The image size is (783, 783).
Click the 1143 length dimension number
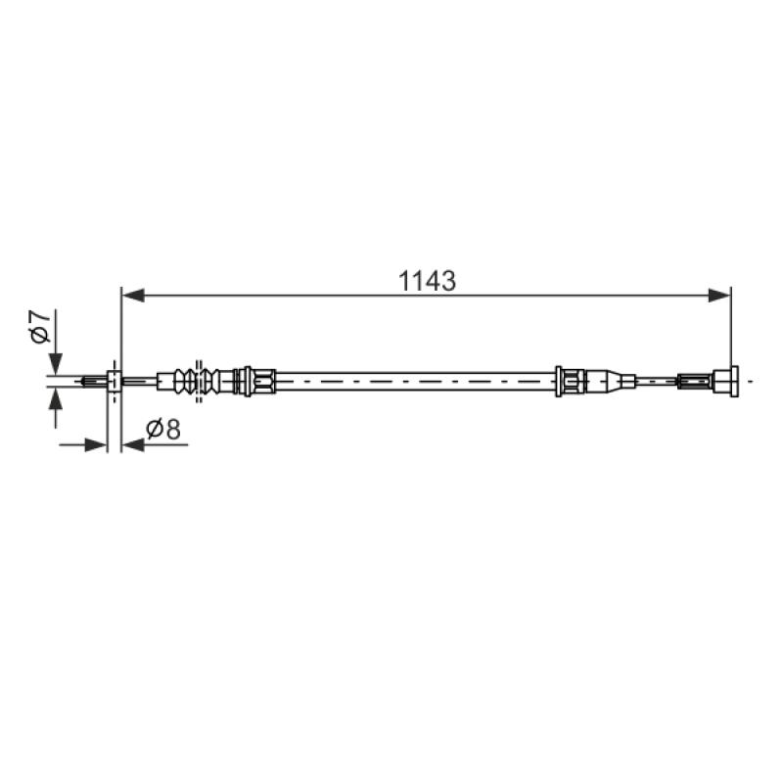[x=427, y=281]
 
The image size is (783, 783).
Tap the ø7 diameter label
[x=40, y=327]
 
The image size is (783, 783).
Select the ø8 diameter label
[x=163, y=429]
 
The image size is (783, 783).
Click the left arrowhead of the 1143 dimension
[x=133, y=296]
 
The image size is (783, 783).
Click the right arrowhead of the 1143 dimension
[x=719, y=296]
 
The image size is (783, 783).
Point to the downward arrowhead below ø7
[x=56, y=363]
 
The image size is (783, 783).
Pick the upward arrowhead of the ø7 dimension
[x=56, y=399]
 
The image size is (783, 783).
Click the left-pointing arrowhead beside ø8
[x=133, y=444]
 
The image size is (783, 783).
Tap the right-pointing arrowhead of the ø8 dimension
[x=96, y=444]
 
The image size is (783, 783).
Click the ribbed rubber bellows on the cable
[x=197, y=382]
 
